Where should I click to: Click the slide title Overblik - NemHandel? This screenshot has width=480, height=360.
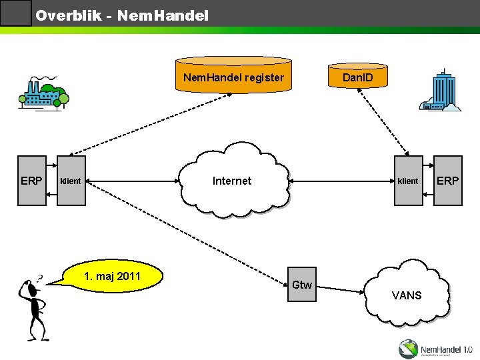122,14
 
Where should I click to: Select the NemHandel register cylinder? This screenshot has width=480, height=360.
233,77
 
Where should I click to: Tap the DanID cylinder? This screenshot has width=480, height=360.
357,77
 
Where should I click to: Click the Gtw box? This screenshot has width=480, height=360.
302,285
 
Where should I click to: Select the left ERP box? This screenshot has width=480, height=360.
31,181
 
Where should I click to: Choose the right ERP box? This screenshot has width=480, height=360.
447,181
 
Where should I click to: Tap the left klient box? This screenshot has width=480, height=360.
71,181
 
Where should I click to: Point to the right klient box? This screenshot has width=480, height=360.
408,181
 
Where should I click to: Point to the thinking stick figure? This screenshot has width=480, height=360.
33,307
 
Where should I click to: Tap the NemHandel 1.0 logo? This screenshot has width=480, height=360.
435,348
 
